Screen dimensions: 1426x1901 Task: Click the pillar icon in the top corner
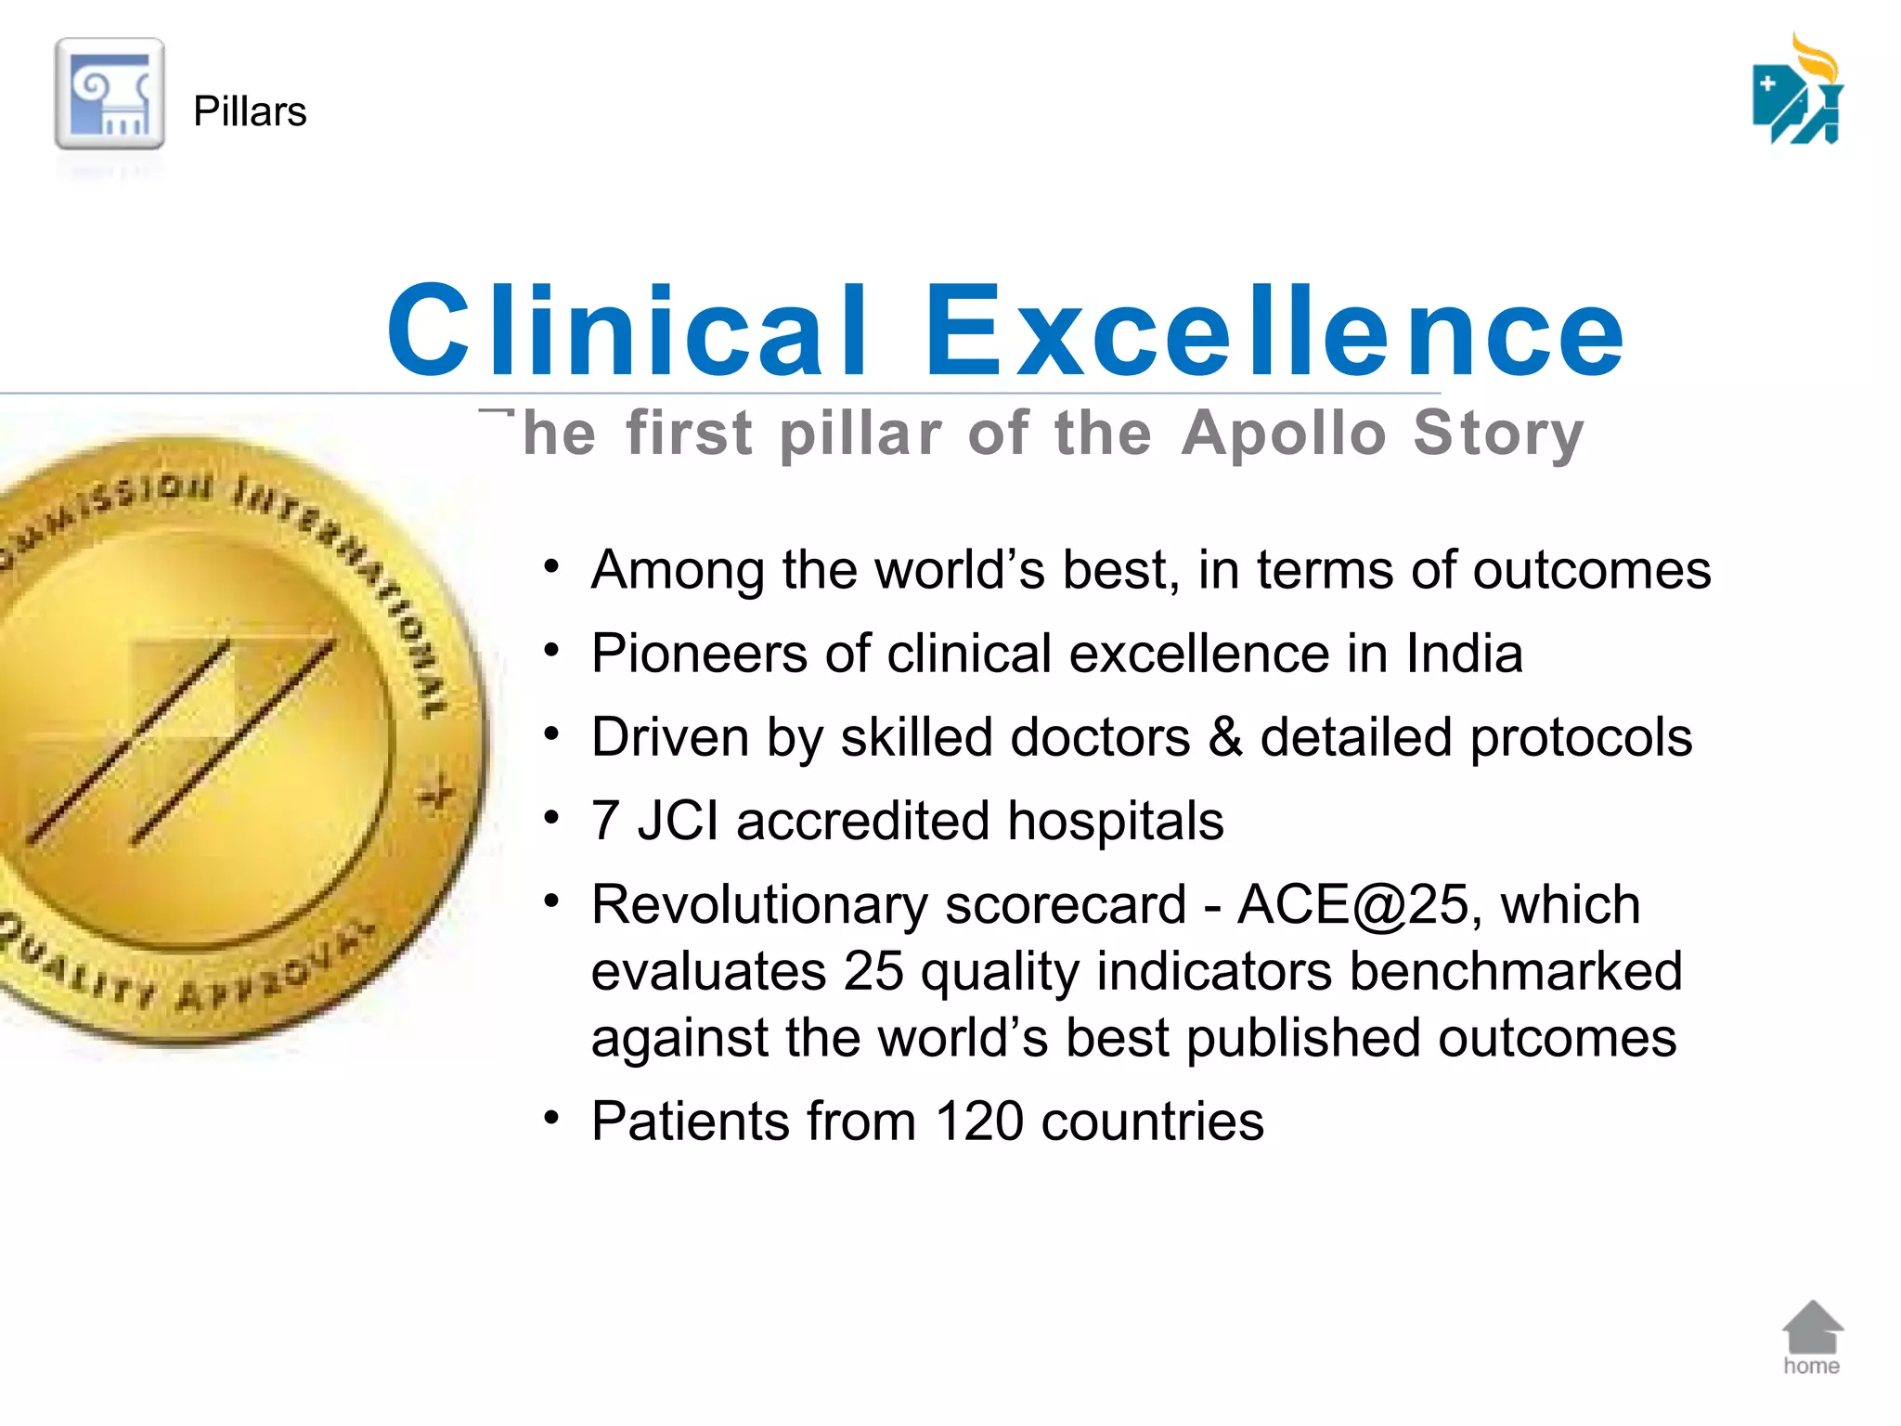click(110, 94)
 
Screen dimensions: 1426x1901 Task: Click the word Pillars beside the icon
click(250, 111)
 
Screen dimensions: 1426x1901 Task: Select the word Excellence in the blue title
click(1274, 331)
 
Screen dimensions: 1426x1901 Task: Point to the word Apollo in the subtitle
click(1284, 434)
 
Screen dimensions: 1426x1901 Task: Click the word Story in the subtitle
click(1497, 434)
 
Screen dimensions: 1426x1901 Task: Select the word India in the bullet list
click(1464, 654)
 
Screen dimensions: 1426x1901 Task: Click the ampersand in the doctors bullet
click(1224, 737)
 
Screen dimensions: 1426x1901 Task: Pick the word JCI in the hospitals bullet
click(678, 822)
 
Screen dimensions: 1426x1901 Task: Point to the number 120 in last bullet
click(978, 1121)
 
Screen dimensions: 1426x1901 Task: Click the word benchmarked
click(1515, 972)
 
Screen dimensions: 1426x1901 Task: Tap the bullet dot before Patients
click(551, 1118)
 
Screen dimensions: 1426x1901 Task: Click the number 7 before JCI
click(605, 822)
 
